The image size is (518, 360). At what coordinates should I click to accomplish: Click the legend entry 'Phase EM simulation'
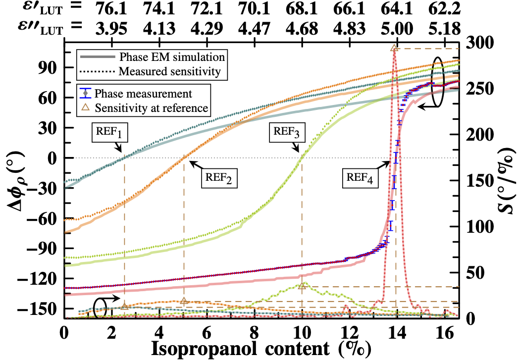pyautogui.click(x=172, y=54)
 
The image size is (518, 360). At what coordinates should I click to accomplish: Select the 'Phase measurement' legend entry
pyautogui.click(x=144, y=93)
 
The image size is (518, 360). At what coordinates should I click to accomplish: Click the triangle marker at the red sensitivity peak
pyautogui.click(x=394, y=48)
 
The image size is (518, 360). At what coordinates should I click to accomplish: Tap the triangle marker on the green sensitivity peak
pyautogui.click(x=302, y=286)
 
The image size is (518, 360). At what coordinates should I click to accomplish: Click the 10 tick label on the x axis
pyautogui.click(x=302, y=329)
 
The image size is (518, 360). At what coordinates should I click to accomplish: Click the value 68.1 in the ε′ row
pyautogui.click(x=302, y=8)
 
